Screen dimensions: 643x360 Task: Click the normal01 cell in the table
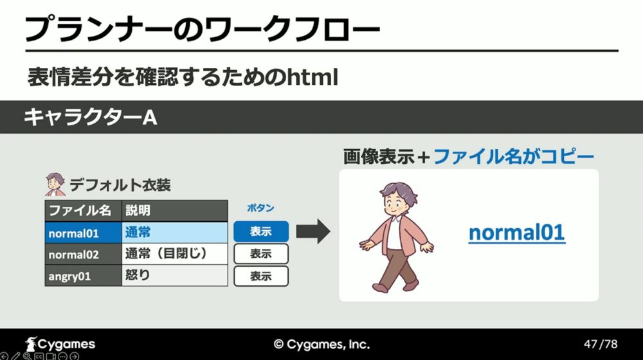83,233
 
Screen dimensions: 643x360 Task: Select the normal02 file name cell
83,254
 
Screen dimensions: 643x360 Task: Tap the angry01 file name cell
83,276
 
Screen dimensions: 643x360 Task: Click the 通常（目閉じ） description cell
175,254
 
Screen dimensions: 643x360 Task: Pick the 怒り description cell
175,276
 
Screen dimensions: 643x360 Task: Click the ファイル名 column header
83,211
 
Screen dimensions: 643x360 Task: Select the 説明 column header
175,211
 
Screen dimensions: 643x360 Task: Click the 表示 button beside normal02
261,254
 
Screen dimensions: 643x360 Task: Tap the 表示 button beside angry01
261,276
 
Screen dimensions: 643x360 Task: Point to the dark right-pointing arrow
313,231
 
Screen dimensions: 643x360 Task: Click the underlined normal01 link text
517,233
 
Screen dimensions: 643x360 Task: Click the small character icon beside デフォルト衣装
55,185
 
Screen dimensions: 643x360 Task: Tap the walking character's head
397,201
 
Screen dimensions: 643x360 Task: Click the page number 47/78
601,343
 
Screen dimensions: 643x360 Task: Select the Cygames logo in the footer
60,343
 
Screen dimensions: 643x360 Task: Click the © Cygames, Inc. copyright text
321,344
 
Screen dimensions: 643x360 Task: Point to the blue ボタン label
260,208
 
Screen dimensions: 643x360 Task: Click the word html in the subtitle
312,77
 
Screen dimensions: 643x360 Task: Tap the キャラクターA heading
91,117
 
